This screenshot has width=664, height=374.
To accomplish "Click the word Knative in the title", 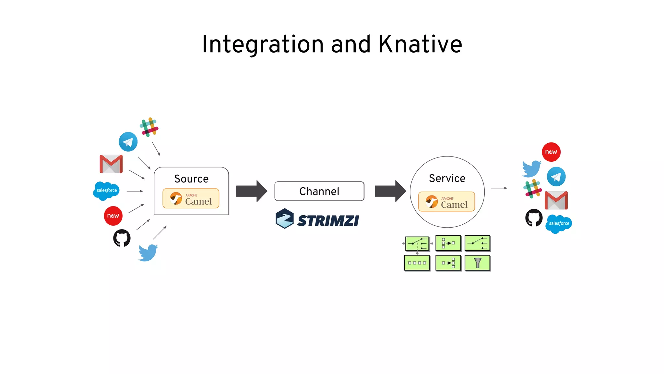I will pos(420,44).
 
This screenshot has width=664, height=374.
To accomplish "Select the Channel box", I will pos(319,191).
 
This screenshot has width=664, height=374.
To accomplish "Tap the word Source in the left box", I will pos(191,179).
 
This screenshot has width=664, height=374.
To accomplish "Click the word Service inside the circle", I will pos(447,178).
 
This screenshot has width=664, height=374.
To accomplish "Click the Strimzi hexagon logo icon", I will pos(284,218).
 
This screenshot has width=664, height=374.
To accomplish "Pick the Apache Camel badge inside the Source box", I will pos(191,198).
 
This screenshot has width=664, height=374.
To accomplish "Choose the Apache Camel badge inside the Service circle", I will pos(446,202).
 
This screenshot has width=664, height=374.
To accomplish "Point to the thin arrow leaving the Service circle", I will pos(499,188).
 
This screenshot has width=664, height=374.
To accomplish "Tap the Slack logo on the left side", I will pos(149,127).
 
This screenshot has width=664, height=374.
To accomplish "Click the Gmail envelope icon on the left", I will pos(111,164).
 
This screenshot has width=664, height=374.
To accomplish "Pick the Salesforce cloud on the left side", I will pos(106,191).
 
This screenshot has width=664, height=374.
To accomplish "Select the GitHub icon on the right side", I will pos(534,218).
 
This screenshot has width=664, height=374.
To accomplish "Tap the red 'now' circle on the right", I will pos(551,152).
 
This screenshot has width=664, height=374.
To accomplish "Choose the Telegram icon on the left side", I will pos(128,142).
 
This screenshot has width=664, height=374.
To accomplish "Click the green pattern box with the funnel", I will pos(477,263).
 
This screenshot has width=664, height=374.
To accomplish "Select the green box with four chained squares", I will pos(417,263).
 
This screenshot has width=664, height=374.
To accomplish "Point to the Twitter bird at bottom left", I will pos(148,253).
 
